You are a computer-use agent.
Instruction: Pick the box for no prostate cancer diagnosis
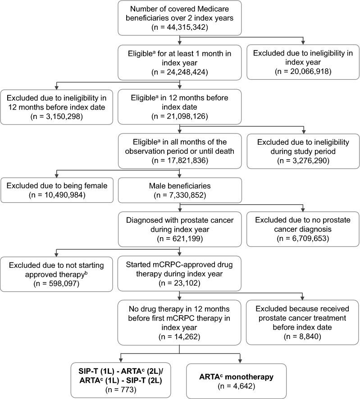303,230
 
